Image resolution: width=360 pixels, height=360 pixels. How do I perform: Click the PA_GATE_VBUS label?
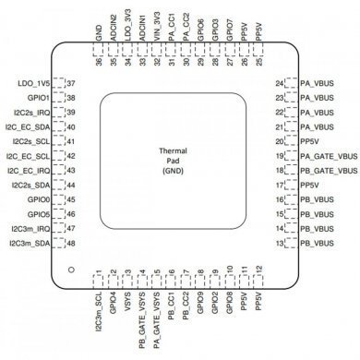[x=329, y=157]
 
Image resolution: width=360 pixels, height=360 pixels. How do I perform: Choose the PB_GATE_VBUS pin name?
[x=329, y=171]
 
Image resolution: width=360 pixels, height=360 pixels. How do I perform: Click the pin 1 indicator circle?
[x=70, y=270]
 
